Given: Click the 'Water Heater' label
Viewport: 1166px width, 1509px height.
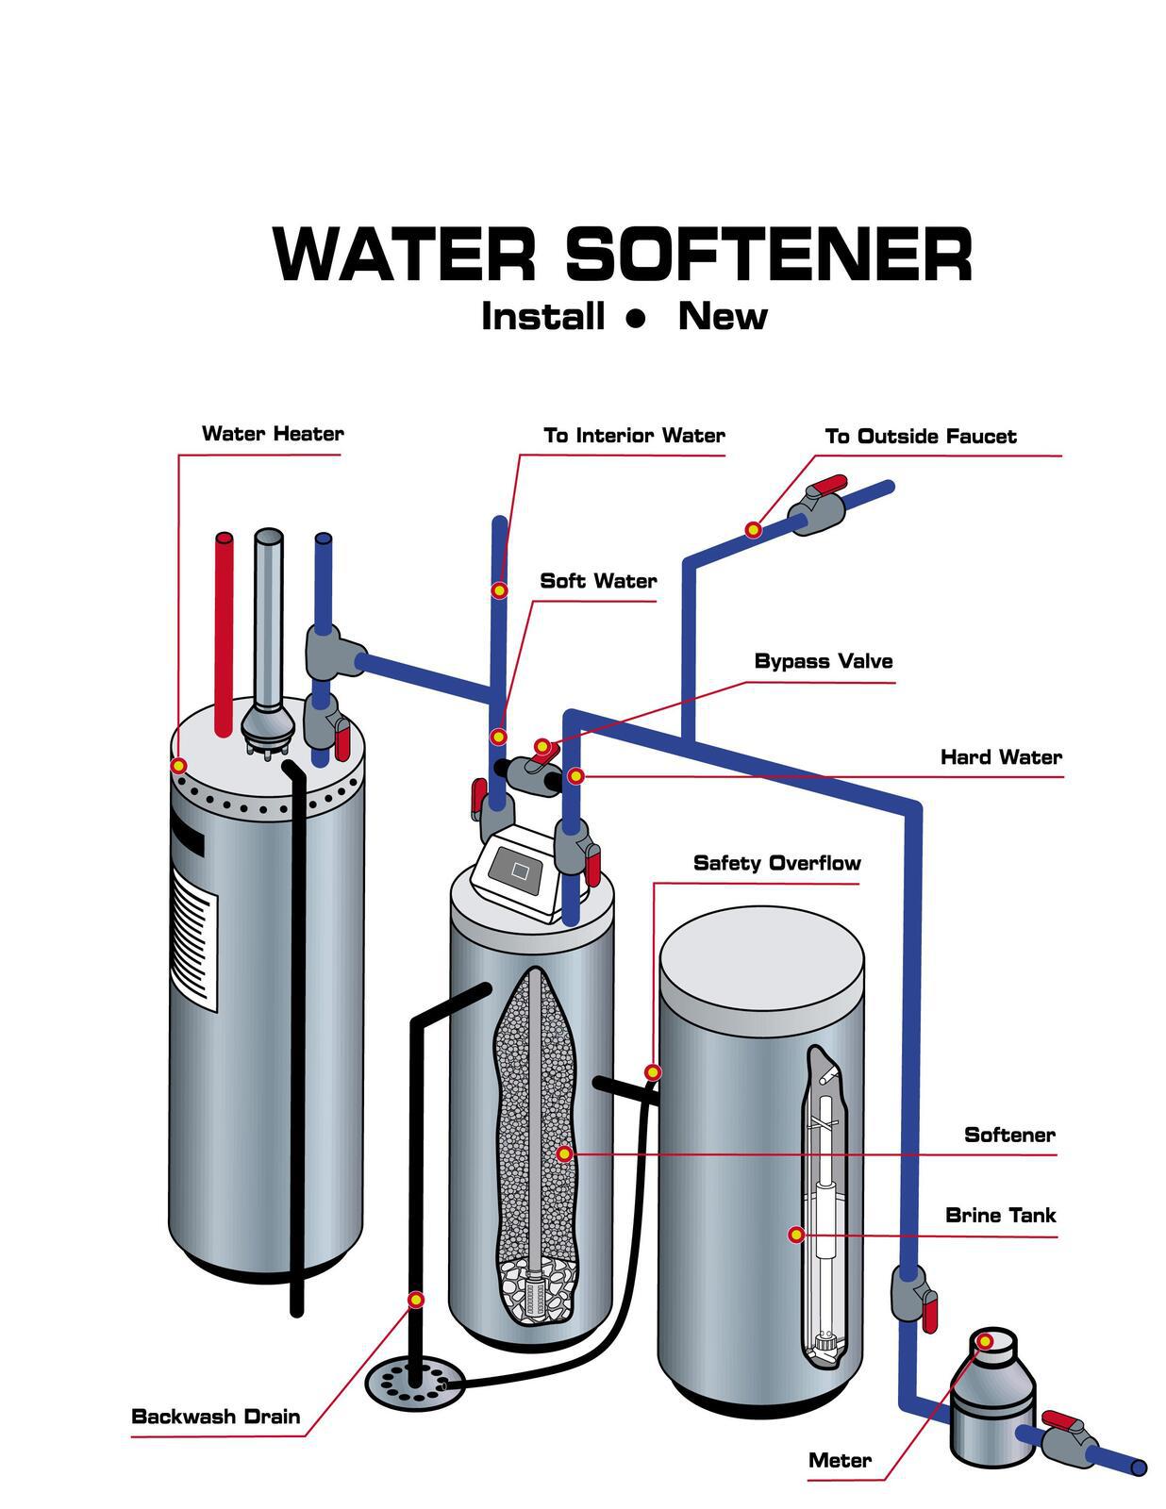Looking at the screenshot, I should [x=273, y=434].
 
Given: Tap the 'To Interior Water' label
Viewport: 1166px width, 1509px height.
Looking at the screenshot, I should [x=634, y=436].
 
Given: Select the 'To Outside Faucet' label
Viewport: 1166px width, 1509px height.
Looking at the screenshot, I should [x=920, y=437].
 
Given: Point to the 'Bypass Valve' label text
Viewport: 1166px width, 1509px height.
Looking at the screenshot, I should [x=823, y=661].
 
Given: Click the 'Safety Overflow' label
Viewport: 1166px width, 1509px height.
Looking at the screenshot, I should [x=776, y=863].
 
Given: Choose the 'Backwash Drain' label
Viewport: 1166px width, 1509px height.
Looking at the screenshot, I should [x=216, y=1416].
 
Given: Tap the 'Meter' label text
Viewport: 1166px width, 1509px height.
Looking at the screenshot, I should [x=840, y=1460].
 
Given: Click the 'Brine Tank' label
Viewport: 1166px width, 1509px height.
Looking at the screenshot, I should [x=1000, y=1215].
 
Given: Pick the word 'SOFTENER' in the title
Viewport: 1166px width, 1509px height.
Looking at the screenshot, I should [x=769, y=255].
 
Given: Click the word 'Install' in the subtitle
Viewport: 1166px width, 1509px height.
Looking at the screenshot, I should [x=542, y=316].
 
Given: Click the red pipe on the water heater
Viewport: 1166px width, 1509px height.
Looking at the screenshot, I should [x=224, y=632].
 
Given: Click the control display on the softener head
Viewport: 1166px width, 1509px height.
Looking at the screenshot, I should [x=518, y=869].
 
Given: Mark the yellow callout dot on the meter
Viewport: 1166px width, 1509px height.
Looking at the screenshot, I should [x=984, y=1341].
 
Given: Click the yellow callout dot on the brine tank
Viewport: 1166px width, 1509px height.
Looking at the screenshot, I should [x=796, y=1234].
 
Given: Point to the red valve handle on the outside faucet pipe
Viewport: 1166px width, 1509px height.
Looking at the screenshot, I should [x=823, y=486].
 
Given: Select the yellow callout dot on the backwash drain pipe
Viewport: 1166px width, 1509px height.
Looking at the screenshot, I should [x=415, y=1300].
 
